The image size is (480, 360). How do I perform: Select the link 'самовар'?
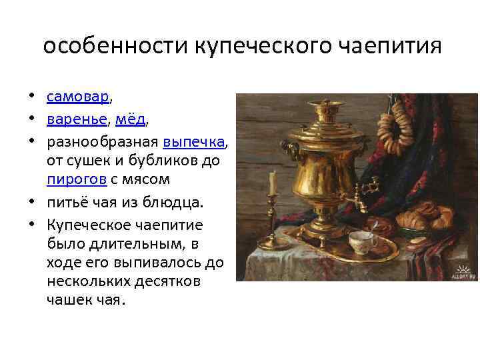(x=77, y=98)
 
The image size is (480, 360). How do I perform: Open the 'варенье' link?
(x=77, y=120)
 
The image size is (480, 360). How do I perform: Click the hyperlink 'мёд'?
(x=129, y=120)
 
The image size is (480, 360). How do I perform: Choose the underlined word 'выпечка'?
(x=194, y=142)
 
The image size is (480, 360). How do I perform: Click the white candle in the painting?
(x=272, y=181)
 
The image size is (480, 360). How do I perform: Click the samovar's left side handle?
(x=288, y=147)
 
